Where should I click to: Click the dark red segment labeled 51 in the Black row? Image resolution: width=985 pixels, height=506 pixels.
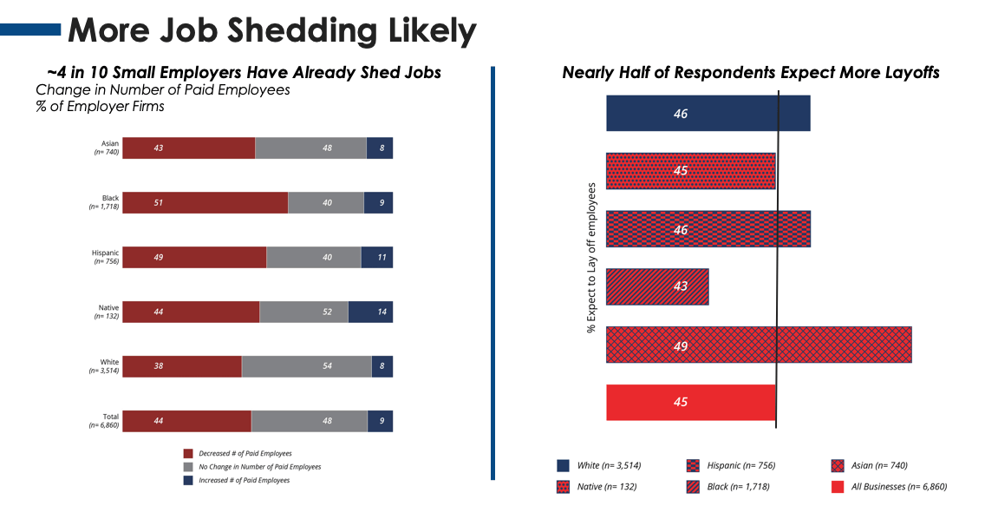pyautogui.click(x=205, y=202)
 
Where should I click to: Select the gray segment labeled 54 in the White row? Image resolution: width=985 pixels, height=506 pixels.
pyautogui.click(x=306, y=366)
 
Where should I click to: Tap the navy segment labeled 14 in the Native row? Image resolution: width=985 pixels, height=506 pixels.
pyautogui.click(x=370, y=312)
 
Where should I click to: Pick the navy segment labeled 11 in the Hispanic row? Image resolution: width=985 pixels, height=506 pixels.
pyautogui.click(x=376, y=257)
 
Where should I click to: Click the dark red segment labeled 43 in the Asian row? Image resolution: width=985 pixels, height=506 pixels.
pyautogui.click(x=188, y=148)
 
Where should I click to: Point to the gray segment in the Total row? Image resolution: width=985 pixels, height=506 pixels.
pyautogui.click(x=309, y=421)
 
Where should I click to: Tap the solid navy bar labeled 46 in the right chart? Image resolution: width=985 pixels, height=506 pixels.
pyautogui.click(x=708, y=113)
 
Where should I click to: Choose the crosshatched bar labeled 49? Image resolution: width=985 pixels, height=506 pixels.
pyautogui.click(x=758, y=345)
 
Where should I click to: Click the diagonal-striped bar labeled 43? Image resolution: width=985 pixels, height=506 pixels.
pyautogui.click(x=657, y=286)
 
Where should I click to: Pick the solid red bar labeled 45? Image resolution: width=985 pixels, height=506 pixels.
pyautogui.click(x=690, y=402)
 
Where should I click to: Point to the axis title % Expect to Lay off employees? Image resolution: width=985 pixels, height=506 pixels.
pyautogui.click(x=591, y=258)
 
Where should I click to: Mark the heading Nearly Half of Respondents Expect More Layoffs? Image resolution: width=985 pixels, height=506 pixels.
pyautogui.click(x=751, y=73)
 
